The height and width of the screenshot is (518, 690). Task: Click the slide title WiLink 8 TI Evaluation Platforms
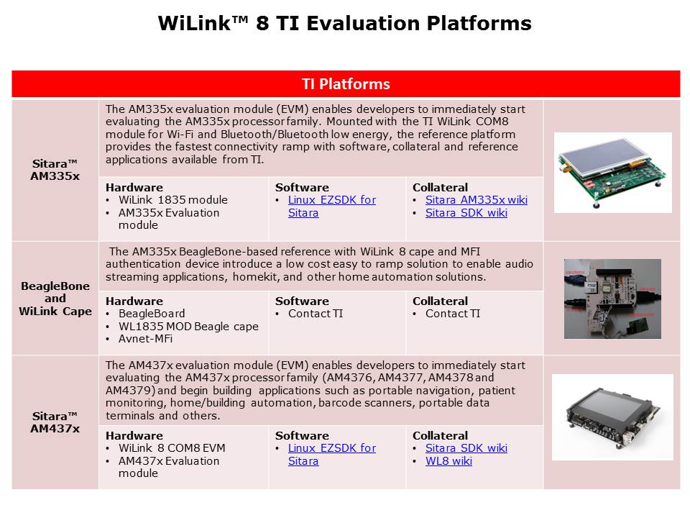(344, 23)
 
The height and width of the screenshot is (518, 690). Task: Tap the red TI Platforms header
(346, 83)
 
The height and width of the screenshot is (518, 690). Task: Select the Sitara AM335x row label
(55, 170)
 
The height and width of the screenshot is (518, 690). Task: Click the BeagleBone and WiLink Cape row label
(55, 299)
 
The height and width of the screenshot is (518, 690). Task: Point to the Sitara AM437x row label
(55, 422)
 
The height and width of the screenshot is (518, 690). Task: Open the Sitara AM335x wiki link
(476, 200)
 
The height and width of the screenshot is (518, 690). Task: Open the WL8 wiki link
(448, 461)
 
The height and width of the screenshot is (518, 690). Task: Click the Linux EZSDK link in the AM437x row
(332, 455)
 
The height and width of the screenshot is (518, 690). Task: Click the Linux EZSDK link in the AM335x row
(332, 206)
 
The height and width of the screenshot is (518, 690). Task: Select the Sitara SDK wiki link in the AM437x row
(466, 448)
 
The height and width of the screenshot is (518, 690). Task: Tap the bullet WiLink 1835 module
(173, 200)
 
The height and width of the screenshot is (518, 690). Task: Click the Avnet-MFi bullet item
(145, 339)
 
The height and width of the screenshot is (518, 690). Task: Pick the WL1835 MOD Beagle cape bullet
(188, 327)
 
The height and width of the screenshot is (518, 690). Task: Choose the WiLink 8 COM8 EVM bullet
(172, 448)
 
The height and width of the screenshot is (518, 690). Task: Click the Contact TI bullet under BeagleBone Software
(316, 314)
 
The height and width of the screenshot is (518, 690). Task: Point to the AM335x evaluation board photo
(612, 173)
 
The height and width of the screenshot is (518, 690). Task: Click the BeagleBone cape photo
(612, 299)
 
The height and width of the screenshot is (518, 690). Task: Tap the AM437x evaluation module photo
(612, 417)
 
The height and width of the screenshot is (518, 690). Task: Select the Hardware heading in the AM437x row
(134, 436)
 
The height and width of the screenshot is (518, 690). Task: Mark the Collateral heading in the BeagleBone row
(440, 301)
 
